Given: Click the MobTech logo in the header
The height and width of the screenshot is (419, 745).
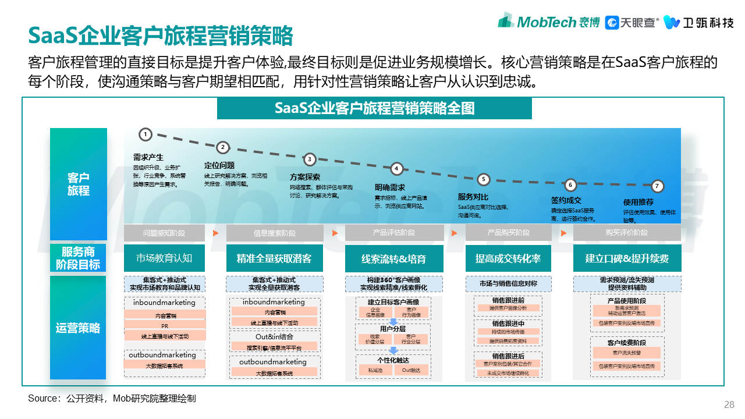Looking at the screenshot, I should click(548, 22).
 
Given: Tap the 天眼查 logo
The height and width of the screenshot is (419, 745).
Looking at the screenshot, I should click(632, 22).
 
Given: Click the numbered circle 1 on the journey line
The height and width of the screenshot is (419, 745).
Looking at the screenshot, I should click(146, 134).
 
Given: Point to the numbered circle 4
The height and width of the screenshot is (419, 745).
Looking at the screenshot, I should click(396, 169).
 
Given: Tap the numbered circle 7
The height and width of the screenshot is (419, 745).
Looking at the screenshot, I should click(657, 187).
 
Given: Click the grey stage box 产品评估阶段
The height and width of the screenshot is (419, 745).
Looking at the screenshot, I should click(394, 233).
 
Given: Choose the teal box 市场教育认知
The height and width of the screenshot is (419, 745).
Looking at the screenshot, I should click(164, 258).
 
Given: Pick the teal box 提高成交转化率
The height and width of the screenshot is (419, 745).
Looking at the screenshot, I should click(508, 258).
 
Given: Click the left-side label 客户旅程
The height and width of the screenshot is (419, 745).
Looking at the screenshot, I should click(79, 184).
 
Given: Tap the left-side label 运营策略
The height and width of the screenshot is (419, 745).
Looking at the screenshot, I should click(79, 328).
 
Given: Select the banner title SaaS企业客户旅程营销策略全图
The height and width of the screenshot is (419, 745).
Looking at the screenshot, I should click(374, 109).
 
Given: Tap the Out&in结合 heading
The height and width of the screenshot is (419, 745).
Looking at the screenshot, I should click(274, 336).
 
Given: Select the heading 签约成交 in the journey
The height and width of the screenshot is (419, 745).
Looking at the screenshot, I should click(566, 200).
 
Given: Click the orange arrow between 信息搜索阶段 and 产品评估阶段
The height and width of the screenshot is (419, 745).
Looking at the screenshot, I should click(335, 233).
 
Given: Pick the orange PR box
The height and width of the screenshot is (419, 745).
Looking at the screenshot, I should click(165, 325).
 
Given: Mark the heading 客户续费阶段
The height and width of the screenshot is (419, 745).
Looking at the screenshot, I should click(627, 343).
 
